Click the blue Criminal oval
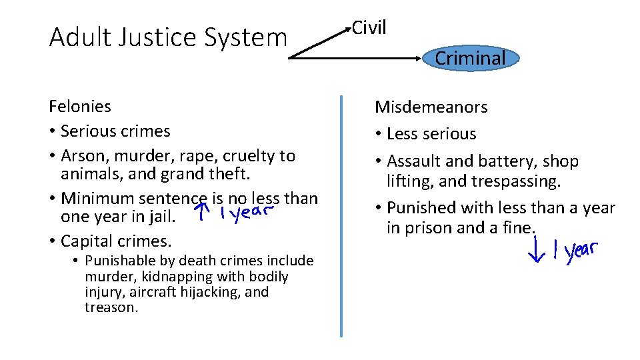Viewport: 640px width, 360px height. coord(471,59)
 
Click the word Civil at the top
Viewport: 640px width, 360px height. coord(369,27)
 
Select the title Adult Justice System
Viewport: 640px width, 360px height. coord(168,37)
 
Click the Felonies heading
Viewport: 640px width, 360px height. coord(80,106)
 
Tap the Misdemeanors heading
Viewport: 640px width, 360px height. coord(431,107)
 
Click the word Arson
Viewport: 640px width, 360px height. coord(80,156)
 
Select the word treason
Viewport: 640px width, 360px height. coord(111,307)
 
